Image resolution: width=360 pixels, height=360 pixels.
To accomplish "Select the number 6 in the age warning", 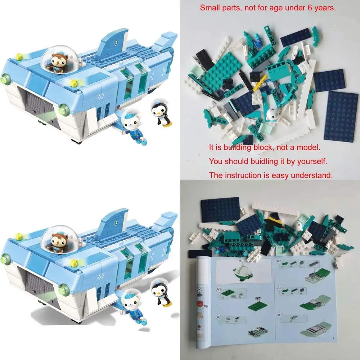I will (x=311, y=8).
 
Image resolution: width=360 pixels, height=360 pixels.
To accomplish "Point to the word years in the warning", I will (x=325, y=8).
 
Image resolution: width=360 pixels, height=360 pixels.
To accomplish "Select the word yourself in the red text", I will (x=312, y=161).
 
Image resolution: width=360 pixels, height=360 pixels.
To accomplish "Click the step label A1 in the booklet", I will (x=219, y=289).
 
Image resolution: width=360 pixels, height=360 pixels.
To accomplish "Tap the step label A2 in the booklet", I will (x=219, y=317).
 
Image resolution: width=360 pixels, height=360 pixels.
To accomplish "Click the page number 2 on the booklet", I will (x=334, y=338).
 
